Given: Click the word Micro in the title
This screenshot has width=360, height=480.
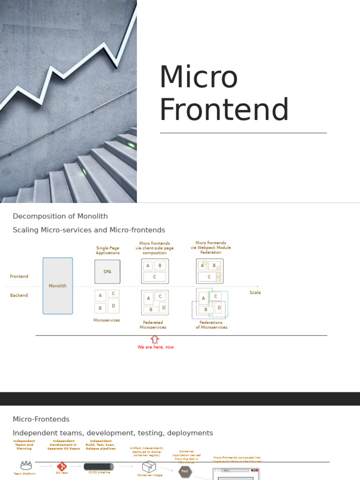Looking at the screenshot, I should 199,77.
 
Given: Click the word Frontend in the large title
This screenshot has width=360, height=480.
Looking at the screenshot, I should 224,110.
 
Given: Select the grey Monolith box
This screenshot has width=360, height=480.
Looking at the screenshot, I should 58,285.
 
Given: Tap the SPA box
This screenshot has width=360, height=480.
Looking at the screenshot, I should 107,271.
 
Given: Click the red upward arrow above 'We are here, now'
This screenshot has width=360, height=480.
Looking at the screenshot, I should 155,339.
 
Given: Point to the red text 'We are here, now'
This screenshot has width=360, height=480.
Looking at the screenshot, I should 156,347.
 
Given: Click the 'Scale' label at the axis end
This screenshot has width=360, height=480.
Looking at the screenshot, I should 255,292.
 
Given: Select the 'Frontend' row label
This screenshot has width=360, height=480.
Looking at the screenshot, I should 19,277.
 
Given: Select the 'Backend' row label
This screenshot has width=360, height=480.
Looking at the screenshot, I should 19,295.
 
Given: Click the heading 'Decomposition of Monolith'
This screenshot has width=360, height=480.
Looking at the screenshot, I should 60,216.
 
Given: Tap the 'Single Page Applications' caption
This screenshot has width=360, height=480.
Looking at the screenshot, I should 108,250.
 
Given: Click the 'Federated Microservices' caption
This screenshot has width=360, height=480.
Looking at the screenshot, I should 153,325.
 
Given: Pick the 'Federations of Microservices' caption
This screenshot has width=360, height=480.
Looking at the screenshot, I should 211,325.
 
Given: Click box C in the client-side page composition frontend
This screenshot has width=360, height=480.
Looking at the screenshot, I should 155,277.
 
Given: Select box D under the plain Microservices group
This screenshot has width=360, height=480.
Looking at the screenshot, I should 113,306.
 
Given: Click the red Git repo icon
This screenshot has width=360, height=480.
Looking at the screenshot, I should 62,466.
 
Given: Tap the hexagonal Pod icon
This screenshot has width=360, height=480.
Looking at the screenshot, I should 185,471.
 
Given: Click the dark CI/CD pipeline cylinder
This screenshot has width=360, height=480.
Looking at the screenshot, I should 98,466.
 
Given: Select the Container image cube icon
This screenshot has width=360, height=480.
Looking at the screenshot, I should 149,466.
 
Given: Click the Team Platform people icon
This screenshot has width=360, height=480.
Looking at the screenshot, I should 26,465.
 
